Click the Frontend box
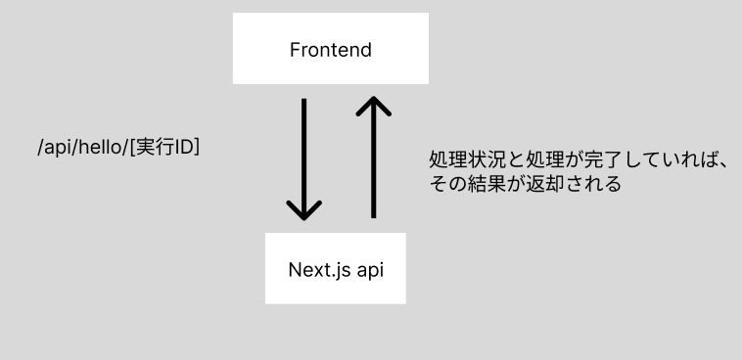[x=331, y=48]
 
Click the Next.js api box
[x=335, y=267]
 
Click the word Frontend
[x=331, y=49]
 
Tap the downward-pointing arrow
[x=304, y=157]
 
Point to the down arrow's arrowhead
[x=304, y=208]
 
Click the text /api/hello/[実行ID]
[x=118, y=148]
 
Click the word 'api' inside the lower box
[x=368, y=269]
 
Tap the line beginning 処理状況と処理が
[x=578, y=160]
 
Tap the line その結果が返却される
[x=525, y=183]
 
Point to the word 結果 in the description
[x=487, y=183]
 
